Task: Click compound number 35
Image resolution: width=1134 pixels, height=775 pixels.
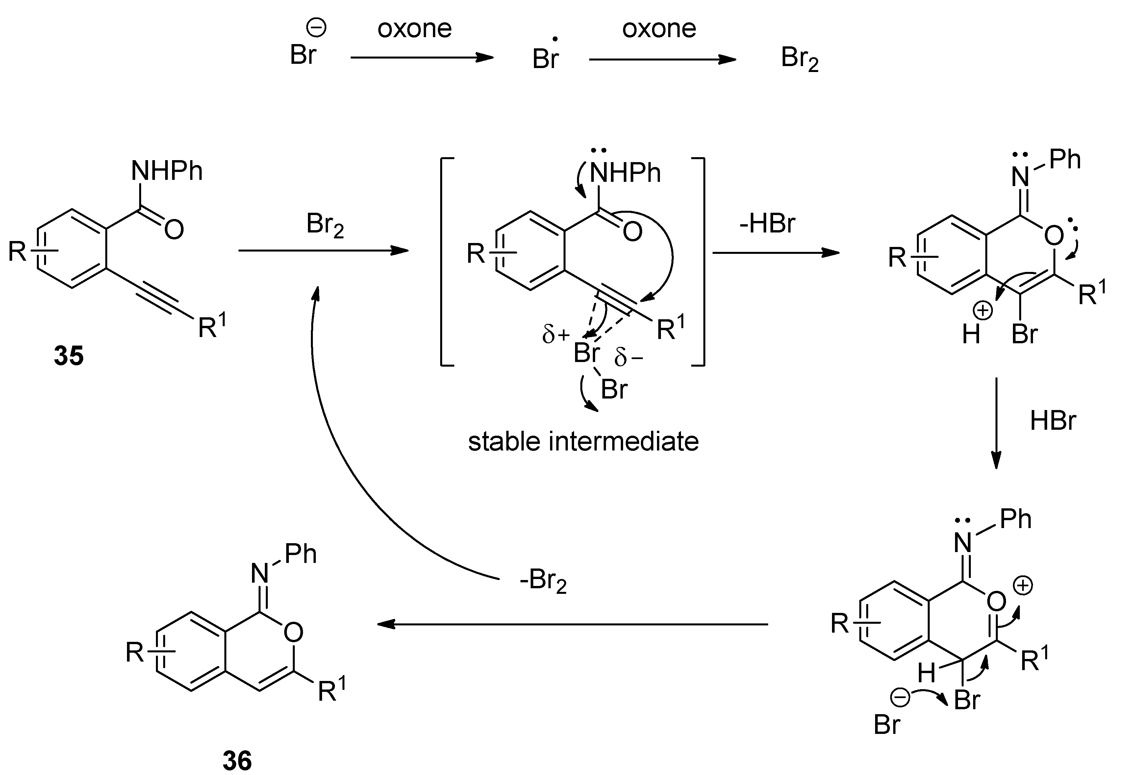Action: tap(69, 355)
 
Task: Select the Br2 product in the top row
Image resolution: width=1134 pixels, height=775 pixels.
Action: tap(799, 59)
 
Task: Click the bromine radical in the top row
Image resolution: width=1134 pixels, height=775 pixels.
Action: tap(545, 58)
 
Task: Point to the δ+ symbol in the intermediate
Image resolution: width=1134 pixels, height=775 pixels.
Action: tap(555, 335)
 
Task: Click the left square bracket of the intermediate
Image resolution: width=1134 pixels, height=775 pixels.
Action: tap(446, 261)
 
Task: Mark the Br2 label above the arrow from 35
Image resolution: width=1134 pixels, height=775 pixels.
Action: tap(325, 225)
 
